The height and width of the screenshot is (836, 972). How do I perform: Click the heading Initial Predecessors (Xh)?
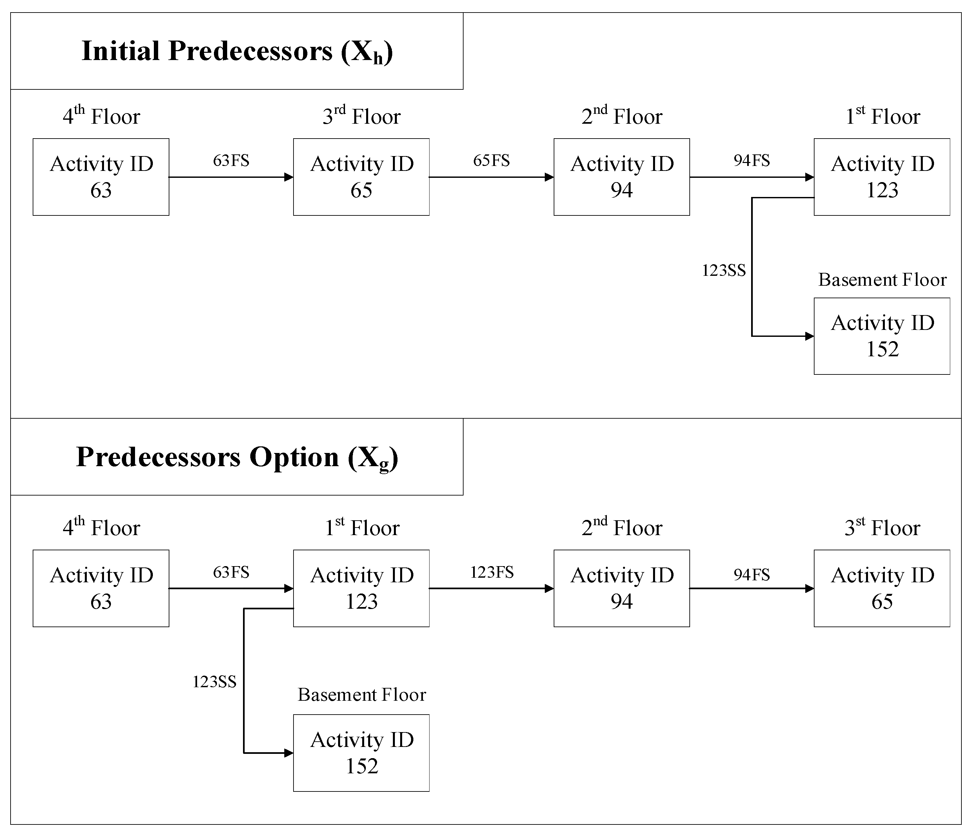[237, 51]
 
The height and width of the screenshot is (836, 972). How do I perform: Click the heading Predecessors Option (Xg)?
[237, 457]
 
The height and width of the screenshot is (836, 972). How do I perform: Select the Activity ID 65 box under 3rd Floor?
[361, 177]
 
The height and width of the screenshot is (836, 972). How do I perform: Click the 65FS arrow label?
[491, 161]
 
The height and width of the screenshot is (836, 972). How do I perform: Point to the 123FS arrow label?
[492, 572]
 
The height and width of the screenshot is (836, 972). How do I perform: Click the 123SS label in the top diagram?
[723, 271]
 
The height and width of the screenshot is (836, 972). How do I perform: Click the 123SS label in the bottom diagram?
[214, 682]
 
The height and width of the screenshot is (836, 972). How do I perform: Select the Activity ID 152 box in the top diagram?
[882, 336]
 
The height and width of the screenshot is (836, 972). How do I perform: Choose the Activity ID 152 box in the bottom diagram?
[361, 753]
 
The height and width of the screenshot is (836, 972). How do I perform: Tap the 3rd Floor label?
[361, 116]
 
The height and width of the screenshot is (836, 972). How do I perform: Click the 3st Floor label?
[882, 528]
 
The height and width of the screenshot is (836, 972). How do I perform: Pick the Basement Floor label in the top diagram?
[882, 280]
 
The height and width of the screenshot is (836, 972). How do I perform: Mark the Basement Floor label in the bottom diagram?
[362, 695]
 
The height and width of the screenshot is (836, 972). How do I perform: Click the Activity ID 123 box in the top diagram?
[882, 177]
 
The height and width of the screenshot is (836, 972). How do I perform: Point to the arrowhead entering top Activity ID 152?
[809, 336]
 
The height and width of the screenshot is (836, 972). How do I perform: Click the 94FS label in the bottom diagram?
[751, 575]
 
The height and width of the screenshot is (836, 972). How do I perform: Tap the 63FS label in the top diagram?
[231, 161]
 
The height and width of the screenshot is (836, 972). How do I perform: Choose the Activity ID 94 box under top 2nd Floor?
[622, 177]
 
